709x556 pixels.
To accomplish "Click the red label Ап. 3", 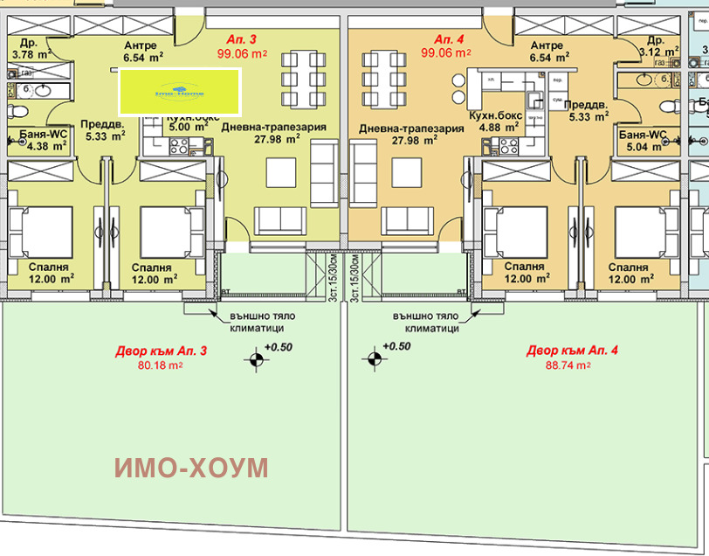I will click(236, 39).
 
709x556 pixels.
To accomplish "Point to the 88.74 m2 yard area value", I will click(572, 365).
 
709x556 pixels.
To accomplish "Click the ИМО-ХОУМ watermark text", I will click(191, 468).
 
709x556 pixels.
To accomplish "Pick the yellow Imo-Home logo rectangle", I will click(179, 92).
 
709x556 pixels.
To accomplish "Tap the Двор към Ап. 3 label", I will click(162, 351).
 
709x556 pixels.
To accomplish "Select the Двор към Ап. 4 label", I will click(572, 351).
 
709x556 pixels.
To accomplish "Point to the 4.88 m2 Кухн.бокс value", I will click(495, 126).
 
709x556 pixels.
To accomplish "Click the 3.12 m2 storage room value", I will click(657, 52).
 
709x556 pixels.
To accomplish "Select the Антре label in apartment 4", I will click(547, 45).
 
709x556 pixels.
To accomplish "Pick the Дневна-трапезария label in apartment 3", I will click(274, 128).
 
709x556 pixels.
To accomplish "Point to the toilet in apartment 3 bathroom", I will click(17, 111).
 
